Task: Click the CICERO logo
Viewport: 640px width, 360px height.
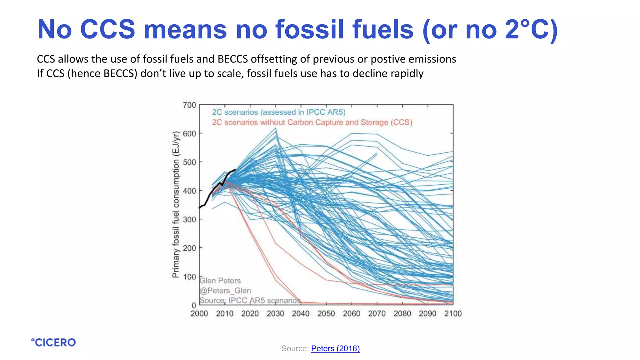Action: point(53,342)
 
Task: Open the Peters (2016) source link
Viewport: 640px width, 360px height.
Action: point(335,348)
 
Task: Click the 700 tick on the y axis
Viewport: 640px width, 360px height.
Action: point(189,105)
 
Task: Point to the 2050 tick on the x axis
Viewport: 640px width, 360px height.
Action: point(326,313)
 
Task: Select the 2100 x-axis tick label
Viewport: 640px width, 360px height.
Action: point(453,313)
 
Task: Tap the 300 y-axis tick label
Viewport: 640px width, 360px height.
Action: point(189,219)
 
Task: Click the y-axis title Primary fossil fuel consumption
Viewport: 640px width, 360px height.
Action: point(176,204)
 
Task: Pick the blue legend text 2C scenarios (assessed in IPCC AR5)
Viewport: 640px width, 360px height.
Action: point(278,112)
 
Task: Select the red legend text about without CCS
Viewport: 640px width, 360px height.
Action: point(312,122)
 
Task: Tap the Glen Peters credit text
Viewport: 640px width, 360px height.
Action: point(220,281)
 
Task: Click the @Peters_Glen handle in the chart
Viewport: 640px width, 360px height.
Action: point(225,291)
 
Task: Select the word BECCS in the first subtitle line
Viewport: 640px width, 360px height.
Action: point(232,59)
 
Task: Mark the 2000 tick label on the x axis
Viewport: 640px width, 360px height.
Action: point(199,313)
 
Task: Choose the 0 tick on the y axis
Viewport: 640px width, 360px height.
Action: point(194,305)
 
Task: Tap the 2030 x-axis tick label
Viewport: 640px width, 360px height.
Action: point(275,313)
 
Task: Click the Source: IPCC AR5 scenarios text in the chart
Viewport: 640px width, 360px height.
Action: point(250,300)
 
